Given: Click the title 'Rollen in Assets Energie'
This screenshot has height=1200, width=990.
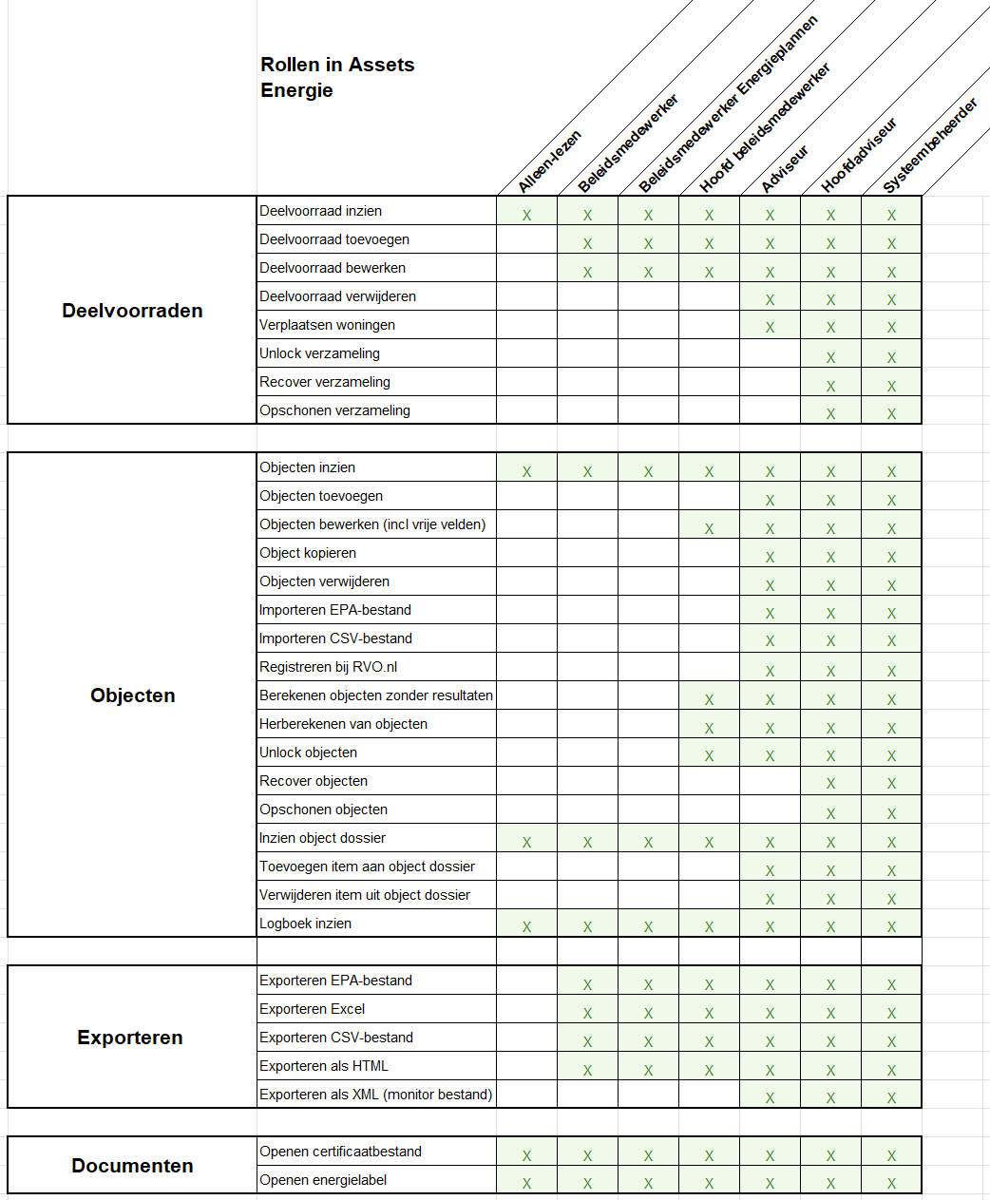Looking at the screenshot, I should [x=337, y=77].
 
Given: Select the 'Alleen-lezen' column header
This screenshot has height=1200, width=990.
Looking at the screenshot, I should [x=549, y=162].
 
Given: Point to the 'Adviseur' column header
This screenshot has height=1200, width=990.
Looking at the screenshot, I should [x=784, y=169].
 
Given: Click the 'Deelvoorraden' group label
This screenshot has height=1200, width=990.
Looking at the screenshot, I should [x=132, y=311].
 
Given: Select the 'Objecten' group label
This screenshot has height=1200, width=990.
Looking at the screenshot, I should [x=132, y=695].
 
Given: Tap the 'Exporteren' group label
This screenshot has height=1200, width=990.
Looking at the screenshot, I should [x=130, y=1038].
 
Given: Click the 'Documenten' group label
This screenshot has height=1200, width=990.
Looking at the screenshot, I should [x=132, y=1166].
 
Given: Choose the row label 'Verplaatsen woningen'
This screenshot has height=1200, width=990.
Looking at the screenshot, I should [x=327, y=325].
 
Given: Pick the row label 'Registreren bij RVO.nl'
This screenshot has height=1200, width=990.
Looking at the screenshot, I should [x=328, y=667].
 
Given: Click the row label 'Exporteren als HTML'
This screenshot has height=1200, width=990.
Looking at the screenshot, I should [x=324, y=1066].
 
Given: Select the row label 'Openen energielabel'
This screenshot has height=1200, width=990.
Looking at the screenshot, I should [x=323, y=1180].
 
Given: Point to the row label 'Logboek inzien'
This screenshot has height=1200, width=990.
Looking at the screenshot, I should [x=305, y=924].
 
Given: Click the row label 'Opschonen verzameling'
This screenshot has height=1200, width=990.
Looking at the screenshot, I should [x=334, y=410].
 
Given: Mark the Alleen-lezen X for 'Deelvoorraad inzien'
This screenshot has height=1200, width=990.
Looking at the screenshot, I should [x=526, y=216].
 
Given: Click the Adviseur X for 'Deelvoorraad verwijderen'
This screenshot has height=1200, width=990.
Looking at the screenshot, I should [x=770, y=300].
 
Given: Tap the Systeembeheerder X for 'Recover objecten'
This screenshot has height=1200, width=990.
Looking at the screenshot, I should [x=891, y=784].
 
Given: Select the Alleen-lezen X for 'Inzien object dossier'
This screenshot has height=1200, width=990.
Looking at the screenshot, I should [x=526, y=842].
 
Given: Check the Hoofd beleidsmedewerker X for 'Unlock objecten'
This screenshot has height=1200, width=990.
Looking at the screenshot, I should [x=709, y=756].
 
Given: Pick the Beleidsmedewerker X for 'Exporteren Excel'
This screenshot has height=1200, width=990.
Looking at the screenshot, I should [x=587, y=1013].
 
